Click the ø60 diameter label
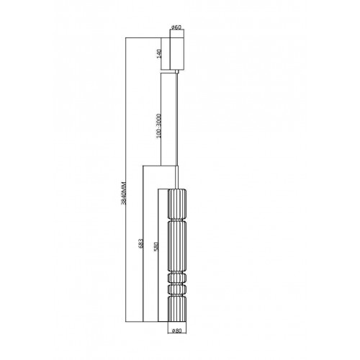176,27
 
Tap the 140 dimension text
159,53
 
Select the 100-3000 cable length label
158,126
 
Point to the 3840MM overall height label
124,193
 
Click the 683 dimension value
141,243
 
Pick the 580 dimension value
156,246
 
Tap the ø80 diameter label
177,330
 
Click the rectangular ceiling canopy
177,53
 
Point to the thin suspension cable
177,120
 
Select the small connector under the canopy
177,71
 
